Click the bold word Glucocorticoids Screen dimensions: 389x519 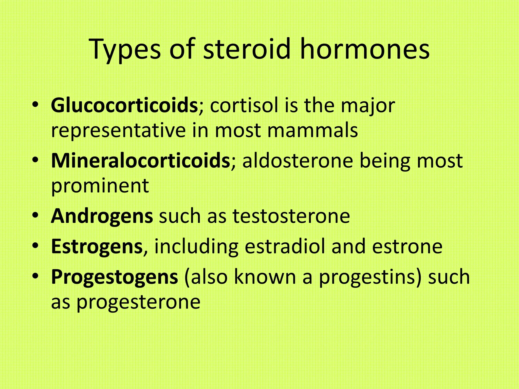[x=124, y=105]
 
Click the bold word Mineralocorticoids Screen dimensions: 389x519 [x=140, y=161]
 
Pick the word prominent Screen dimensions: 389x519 [x=100, y=186]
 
